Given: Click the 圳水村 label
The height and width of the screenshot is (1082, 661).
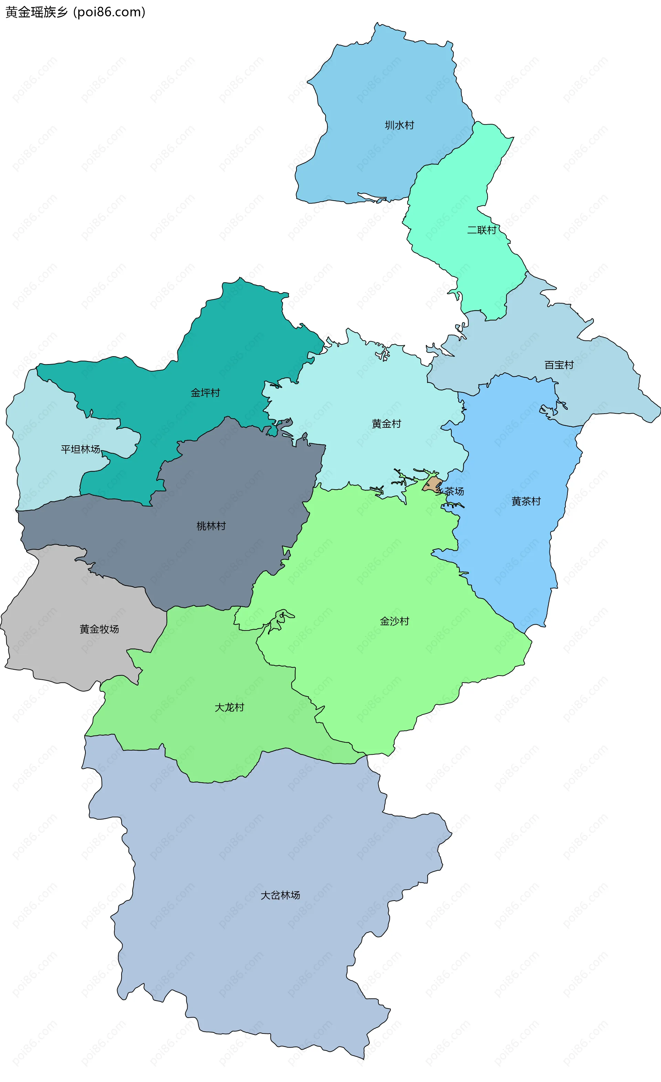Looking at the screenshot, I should [399, 125].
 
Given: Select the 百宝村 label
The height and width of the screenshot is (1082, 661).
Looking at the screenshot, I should [559, 365].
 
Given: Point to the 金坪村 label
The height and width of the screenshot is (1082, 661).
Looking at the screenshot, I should [205, 393].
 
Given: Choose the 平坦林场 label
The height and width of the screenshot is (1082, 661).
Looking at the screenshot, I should [80, 449].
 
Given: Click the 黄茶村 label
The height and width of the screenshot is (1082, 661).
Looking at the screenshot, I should [526, 501].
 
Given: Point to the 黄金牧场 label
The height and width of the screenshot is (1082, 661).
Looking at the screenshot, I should [99, 629].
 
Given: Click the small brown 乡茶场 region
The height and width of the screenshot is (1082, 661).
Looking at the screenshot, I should [432, 484].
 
